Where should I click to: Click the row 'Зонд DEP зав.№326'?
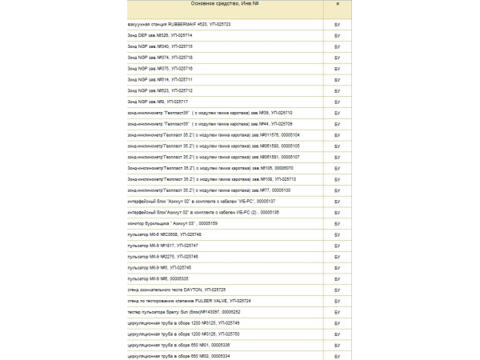[160, 36]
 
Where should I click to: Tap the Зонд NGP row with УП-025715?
[160, 47]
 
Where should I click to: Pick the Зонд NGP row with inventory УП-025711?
[160, 80]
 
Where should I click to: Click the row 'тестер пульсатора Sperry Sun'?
[183, 311]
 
